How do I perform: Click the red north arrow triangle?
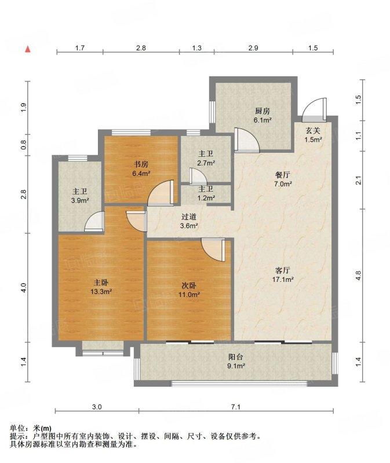click(x=28, y=49)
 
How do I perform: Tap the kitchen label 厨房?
click(x=263, y=111)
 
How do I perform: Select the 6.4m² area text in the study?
click(x=141, y=173)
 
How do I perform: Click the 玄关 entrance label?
click(x=313, y=130)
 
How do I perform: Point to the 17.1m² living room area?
click(x=283, y=280)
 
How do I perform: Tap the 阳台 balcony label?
click(x=236, y=357)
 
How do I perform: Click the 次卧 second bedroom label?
click(x=189, y=285)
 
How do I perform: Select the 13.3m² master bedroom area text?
click(x=101, y=292)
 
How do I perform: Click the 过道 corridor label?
click(x=189, y=217)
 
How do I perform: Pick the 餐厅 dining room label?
click(x=283, y=175)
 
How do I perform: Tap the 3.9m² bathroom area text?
click(x=80, y=201)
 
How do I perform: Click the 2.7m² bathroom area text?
click(x=206, y=163)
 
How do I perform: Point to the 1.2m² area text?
click(x=206, y=198)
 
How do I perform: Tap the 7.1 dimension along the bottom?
click(x=236, y=407)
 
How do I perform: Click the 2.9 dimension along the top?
click(x=253, y=48)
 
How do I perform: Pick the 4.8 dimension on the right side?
click(x=358, y=275)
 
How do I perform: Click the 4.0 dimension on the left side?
click(x=23, y=288)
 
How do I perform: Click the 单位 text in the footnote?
click(x=17, y=428)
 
